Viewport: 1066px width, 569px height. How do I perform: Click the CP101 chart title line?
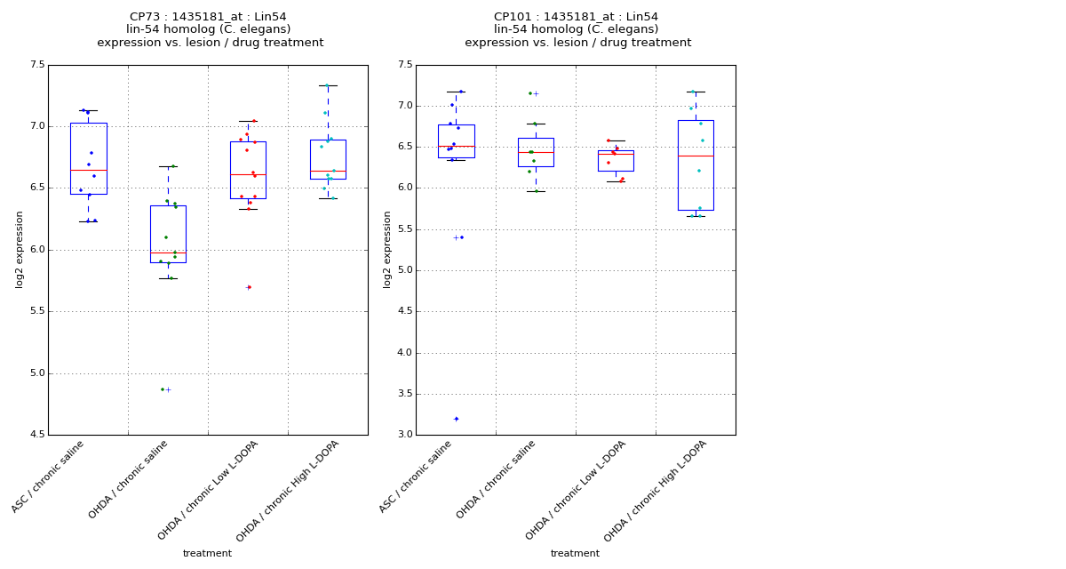(577, 17)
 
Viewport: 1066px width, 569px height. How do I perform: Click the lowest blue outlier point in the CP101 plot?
(457, 419)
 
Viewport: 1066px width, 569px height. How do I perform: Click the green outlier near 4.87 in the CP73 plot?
(163, 389)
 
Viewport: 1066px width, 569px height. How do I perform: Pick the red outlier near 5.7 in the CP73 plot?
(249, 287)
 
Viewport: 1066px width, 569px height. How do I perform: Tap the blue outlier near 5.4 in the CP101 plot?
(461, 237)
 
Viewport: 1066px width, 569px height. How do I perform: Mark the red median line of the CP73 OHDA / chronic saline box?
(168, 252)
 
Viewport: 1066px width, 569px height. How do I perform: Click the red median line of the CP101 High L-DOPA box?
(696, 156)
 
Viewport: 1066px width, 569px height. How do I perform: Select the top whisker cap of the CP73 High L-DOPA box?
(328, 85)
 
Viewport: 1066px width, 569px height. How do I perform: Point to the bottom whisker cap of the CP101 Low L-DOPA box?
(616, 181)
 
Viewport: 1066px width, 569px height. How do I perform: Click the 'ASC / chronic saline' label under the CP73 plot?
(49, 477)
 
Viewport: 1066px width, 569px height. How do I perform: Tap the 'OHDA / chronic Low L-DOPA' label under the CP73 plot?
(209, 490)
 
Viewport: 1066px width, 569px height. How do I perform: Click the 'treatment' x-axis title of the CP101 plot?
(575, 554)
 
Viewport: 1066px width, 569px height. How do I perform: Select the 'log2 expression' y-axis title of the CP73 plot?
(20, 249)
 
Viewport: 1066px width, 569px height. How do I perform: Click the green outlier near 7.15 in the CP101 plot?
(530, 93)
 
